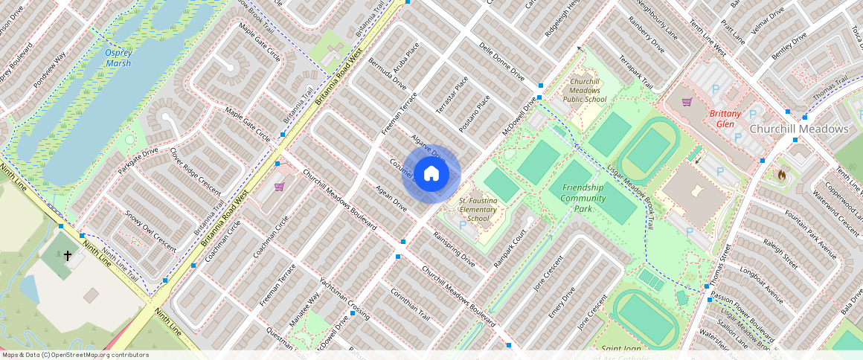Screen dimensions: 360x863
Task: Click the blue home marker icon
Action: click(431, 174)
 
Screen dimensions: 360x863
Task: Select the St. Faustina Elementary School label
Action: click(478, 210)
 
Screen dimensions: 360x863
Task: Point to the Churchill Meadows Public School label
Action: click(584, 90)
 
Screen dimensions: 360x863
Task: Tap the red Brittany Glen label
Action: click(725, 119)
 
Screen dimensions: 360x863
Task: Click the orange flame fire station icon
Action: click(781, 175)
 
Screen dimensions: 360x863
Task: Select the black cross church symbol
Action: click(68, 256)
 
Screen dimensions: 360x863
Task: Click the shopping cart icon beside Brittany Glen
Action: click(687, 102)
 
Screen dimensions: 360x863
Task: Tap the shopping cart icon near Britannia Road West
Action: click(279, 187)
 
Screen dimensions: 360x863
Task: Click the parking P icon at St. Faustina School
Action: click(463, 225)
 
